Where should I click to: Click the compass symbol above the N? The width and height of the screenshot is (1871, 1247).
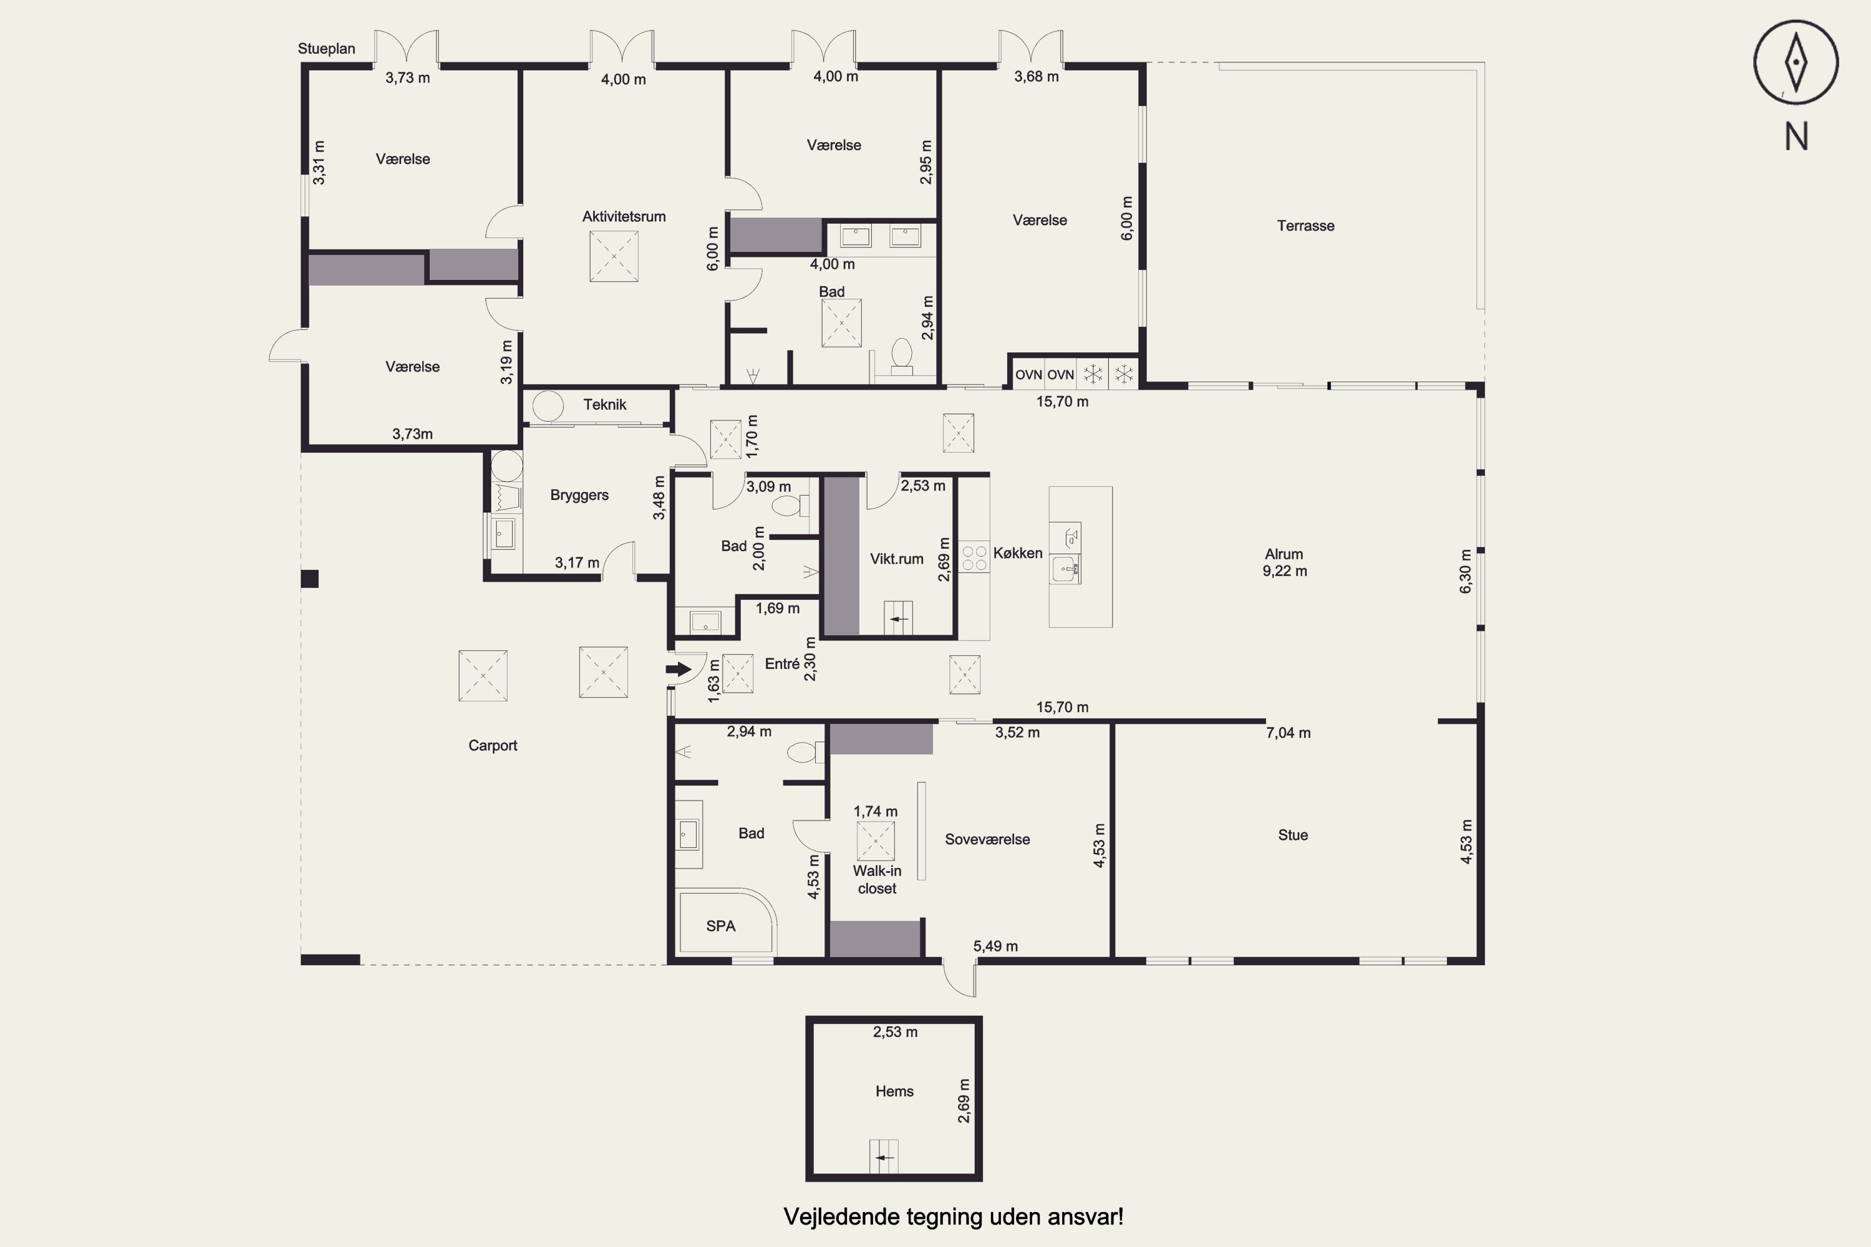(x=1796, y=62)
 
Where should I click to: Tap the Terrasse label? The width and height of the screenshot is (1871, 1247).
(x=1305, y=226)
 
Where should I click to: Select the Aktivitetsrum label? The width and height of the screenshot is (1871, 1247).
(x=624, y=216)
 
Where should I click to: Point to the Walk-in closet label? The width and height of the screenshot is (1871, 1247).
(x=877, y=880)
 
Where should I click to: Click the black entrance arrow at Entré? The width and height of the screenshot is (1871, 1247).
(x=679, y=669)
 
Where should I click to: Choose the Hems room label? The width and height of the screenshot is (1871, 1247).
(x=894, y=1091)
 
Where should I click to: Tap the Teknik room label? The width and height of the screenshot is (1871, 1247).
(x=604, y=404)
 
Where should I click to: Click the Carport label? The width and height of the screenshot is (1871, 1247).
(x=493, y=745)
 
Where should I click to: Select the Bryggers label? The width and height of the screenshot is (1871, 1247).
(x=579, y=494)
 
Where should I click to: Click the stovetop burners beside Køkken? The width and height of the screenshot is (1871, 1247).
(x=974, y=556)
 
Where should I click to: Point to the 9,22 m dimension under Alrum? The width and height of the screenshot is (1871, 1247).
(x=1285, y=571)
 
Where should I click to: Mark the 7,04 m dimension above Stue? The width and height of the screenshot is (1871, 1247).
(x=1288, y=733)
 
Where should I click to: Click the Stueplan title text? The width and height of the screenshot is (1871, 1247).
(x=326, y=49)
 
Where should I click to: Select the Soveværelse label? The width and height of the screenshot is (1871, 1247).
(x=987, y=839)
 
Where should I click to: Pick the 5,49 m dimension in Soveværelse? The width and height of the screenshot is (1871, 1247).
(x=995, y=946)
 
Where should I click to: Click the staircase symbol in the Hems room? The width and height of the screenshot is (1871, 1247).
(x=884, y=1157)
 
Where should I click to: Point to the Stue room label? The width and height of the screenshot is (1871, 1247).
(x=1293, y=835)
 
